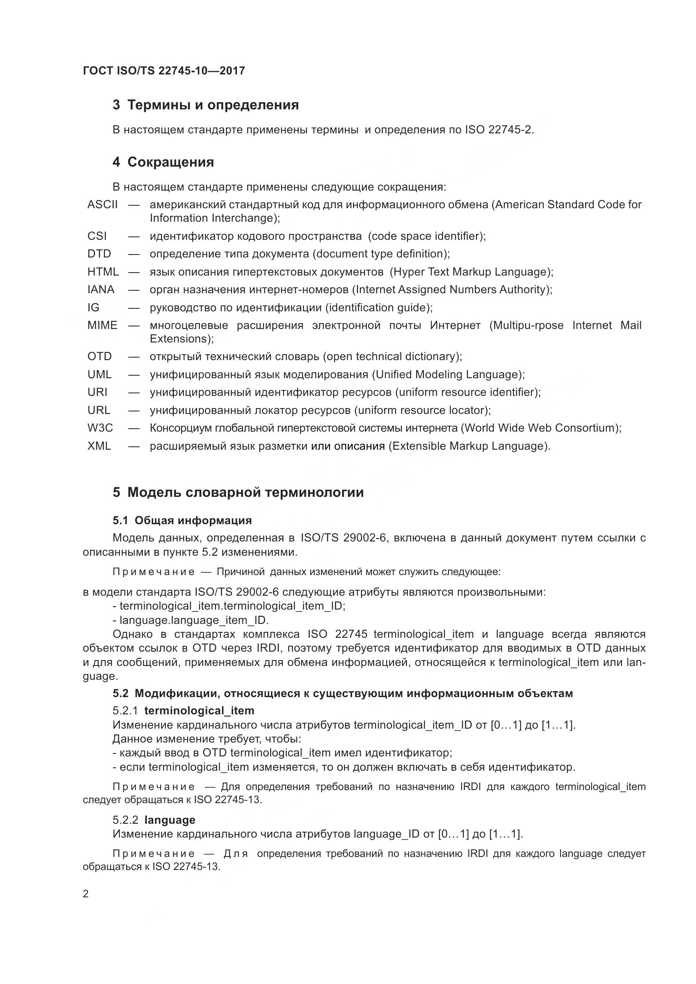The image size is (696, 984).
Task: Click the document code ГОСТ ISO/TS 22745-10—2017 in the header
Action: click(x=164, y=71)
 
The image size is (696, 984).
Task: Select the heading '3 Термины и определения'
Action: click(x=206, y=105)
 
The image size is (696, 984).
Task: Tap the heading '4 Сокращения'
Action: click(x=163, y=162)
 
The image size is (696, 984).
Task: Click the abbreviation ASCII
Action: click(x=102, y=204)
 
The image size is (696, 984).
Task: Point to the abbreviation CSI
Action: click(x=97, y=236)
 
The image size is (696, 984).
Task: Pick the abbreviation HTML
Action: click(x=103, y=272)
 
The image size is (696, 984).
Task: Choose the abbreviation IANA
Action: click(x=101, y=290)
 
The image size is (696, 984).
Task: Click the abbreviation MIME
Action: click(x=102, y=325)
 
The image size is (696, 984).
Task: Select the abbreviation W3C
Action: click(x=100, y=428)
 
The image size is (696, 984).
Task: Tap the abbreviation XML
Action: click(x=99, y=446)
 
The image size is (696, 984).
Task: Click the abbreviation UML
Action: click(x=99, y=374)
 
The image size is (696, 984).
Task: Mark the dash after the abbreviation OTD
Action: click(x=134, y=357)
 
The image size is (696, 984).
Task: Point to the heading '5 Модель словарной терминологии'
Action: click(x=238, y=493)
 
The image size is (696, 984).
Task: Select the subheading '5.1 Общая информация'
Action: click(x=182, y=520)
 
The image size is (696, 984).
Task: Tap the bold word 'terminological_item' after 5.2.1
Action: click(x=199, y=711)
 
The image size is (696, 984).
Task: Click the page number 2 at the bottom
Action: click(x=86, y=894)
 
